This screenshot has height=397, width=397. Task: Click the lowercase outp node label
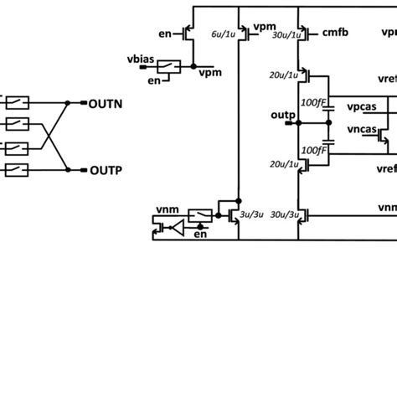(282, 113)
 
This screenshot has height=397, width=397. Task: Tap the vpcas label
(360, 108)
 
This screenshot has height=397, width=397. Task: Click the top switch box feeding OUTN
(19, 102)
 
